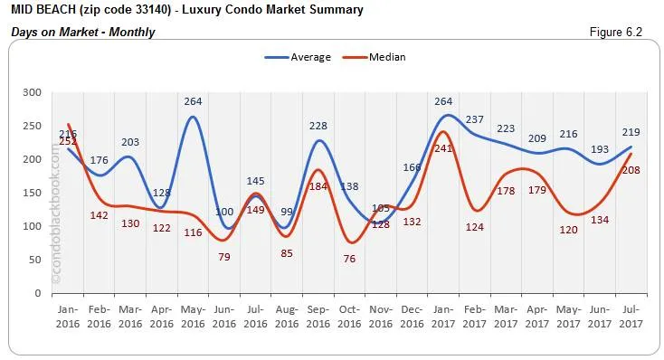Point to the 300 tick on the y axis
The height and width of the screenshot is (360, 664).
coord(33,92)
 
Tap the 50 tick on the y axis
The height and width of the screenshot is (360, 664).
coord(35,260)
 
